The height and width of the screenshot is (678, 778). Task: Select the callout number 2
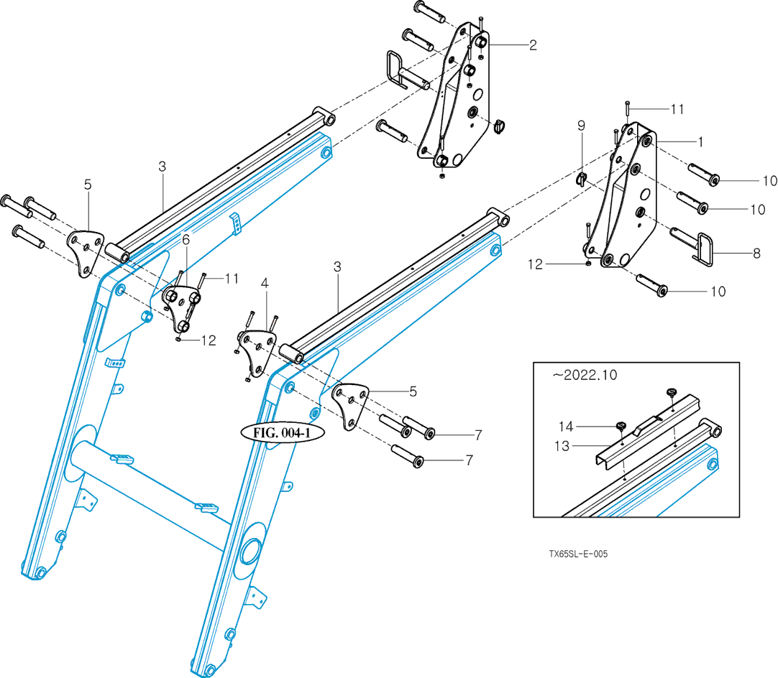pos(533,45)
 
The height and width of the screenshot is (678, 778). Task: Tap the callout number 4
pos(265,284)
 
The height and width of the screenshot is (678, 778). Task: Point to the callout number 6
pos(186,239)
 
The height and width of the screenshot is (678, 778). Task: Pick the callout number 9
pos(582,126)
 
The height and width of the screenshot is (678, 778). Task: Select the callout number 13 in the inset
pos(561,446)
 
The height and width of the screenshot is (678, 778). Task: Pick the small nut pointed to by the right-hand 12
pos(589,264)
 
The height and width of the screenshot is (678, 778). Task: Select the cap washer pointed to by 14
pos(620,427)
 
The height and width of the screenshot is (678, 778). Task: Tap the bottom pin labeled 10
pos(652,284)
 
